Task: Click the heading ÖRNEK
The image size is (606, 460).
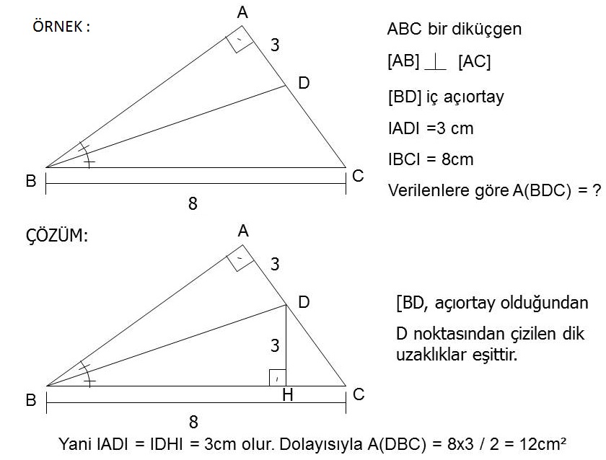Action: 58,26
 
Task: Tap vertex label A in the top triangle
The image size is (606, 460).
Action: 242,13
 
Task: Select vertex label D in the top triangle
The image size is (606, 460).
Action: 304,83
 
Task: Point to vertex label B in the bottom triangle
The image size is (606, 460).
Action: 31,399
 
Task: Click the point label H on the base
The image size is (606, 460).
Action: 288,394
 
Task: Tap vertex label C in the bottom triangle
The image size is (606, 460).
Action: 359,394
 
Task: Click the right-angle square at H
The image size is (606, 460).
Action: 278,378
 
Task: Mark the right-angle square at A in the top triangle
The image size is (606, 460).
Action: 240,40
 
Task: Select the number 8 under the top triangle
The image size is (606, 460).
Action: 193,203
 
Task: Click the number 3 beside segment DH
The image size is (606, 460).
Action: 275,345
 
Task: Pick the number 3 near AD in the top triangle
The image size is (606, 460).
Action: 275,45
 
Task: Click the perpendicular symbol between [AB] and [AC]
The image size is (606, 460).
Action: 435,63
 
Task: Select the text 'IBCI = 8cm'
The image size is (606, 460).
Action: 431,159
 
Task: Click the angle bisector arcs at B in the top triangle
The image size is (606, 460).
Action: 87,154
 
